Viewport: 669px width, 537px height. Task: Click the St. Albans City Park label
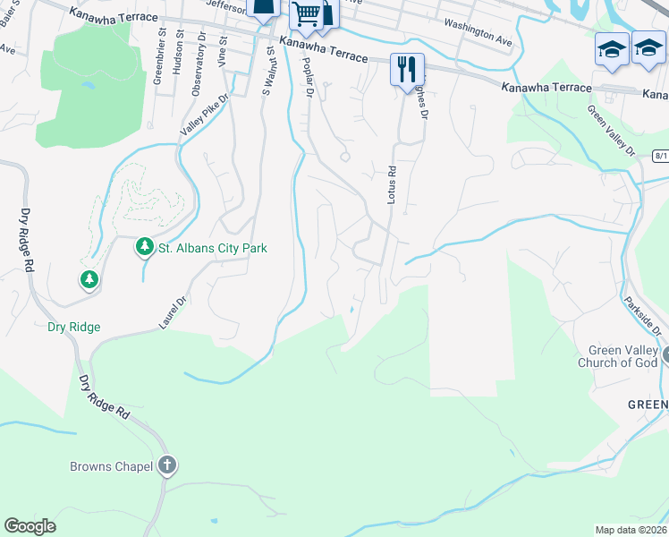tap(213, 248)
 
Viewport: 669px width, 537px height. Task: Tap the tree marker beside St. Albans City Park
tap(143, 246)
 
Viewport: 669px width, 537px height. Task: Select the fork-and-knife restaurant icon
tap(407, 68)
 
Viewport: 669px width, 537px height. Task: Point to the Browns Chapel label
tap(112, 466)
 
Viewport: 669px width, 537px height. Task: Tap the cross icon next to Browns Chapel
tap(166, 465)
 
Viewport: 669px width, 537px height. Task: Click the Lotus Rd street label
tap(391, 184)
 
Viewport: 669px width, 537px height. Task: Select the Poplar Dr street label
tap(309, 77)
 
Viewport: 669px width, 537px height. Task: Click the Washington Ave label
tap(478, 35)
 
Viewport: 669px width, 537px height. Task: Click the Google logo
tap(30, 526)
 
